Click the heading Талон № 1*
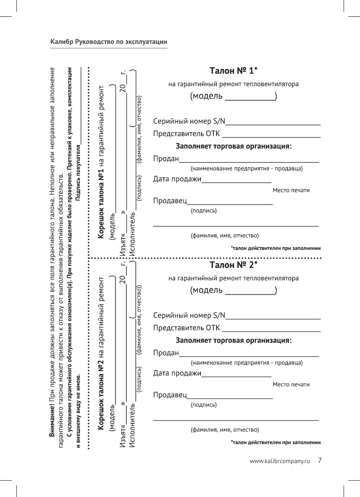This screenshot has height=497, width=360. coord(233,71)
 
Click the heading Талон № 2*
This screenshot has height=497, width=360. coord(233,265)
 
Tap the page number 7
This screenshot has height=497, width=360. coord(319,461)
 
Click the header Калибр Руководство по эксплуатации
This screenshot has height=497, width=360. coord(109,42)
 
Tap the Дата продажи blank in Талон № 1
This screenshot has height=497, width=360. coord(236,181)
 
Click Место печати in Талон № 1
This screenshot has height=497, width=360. coord(291,191)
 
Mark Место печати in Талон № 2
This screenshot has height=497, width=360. coord(291,385)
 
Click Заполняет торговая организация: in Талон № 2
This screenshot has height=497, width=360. coord(234,340)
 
